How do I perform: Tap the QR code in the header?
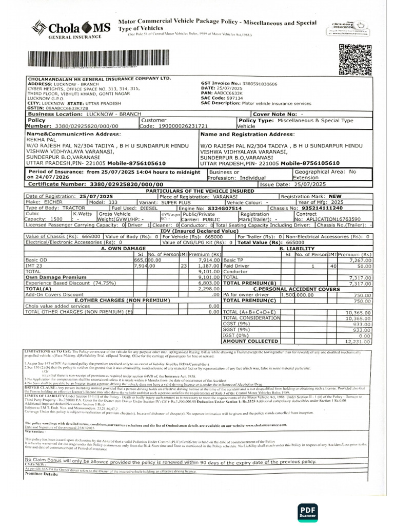[353, 60]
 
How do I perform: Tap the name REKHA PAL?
[39, 139]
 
